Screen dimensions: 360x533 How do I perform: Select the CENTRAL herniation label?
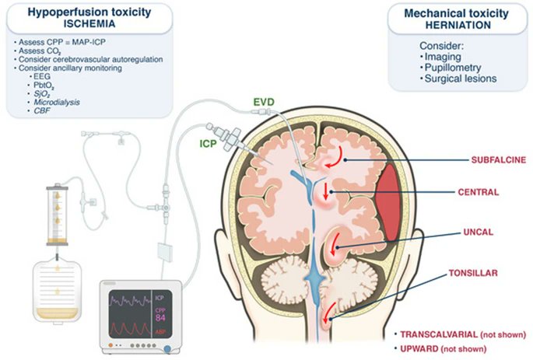(x=479, y=191)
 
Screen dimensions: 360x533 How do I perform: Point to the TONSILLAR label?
(x=473, y=274)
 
